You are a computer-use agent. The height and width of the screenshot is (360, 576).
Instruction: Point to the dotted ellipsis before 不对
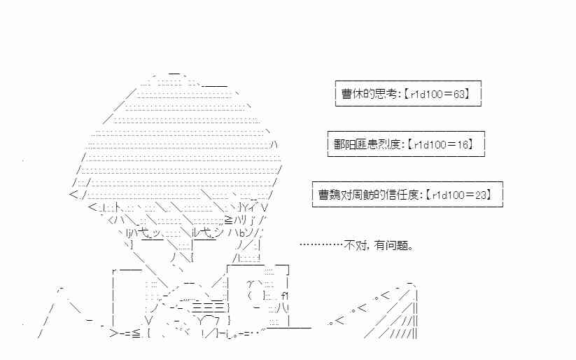tap(321, 245)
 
